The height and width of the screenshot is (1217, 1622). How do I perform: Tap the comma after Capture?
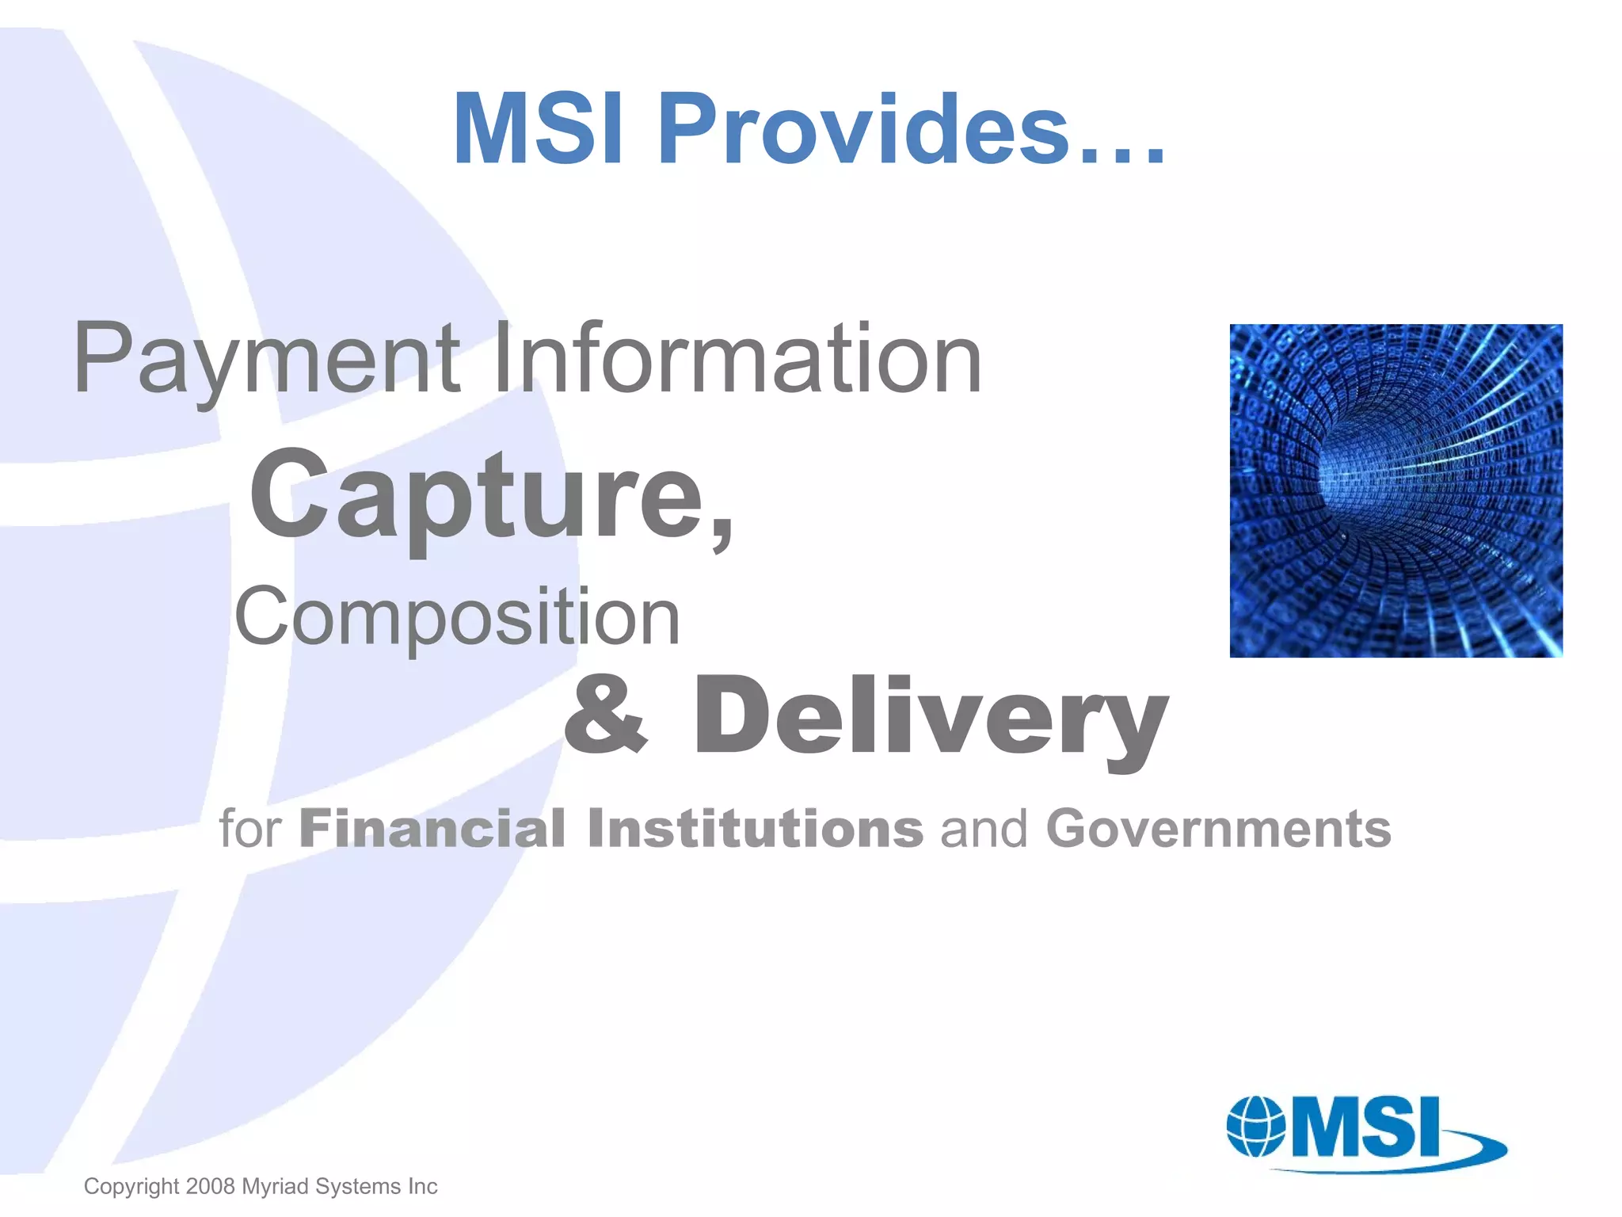pos(721,527)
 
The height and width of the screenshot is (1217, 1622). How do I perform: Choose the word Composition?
pos(457,617)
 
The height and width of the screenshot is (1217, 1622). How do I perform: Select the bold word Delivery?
pos(931,717)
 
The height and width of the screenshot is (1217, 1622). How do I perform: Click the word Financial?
pos(432,829)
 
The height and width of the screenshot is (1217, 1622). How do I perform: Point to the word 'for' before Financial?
pos(250,829)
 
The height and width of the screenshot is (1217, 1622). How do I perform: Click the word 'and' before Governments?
pos(984,829)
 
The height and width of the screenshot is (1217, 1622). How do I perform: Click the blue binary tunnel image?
pos(1395,490)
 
